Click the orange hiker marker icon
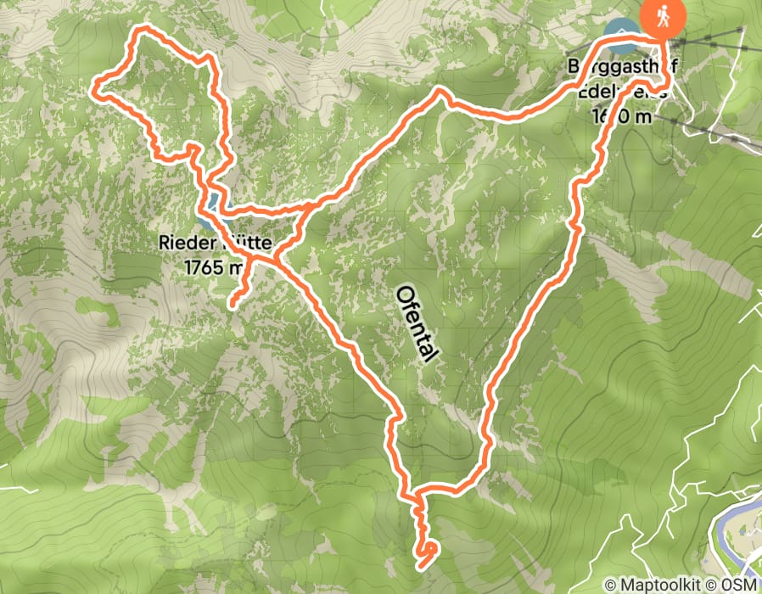[x=664, y=18]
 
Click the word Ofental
[x=417, y=323]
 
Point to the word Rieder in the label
[x=182, y=244]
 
